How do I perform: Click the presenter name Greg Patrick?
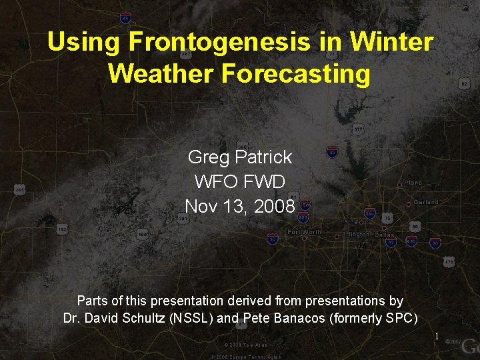click(240, 157)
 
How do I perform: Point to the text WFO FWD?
click(240, 181)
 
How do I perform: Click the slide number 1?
click(437, 336)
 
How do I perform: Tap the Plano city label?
click(413, 183)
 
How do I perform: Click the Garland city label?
click(425, 201)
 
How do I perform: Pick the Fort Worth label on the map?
click(304, 231)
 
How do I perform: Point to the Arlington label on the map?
click(355, 235)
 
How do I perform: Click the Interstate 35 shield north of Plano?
click(332, 153)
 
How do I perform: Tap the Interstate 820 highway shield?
click(304, 217)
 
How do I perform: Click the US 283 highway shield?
click(19, 190)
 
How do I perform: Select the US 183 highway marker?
click(62, 229)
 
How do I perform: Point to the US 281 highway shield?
click(182, 218)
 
